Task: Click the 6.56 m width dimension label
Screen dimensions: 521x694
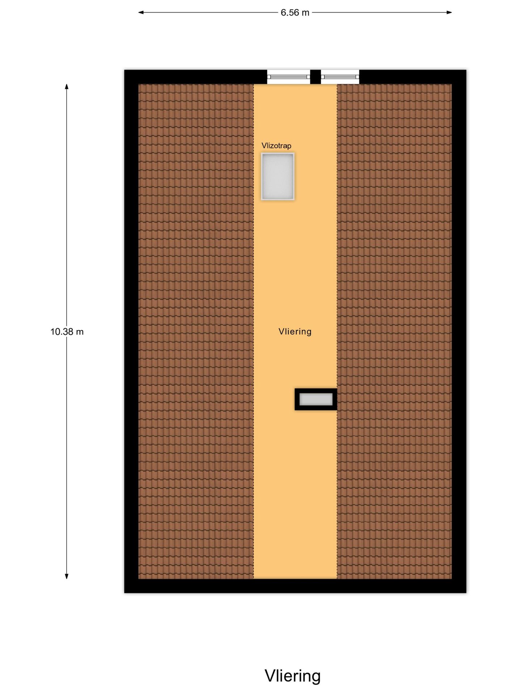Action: point(295,13)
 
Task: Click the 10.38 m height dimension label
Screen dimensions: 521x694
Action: point(67,331)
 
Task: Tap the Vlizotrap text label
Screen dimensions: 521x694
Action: point(276,146)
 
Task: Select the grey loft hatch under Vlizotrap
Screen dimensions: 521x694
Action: point(278,176)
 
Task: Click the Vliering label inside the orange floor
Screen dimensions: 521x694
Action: point(295,331)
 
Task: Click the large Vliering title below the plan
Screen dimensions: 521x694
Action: point(293,676)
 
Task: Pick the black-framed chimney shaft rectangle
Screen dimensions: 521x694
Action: point(316,399)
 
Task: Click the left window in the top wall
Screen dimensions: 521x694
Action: point(289,77)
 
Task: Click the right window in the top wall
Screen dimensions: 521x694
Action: point(340,77)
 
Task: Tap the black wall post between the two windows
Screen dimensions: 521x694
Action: point(315,77)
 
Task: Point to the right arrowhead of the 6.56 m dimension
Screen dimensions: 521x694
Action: point(449,12)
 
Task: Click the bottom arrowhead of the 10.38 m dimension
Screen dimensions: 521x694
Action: point(67,576)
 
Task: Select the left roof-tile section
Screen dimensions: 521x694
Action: point(196,331)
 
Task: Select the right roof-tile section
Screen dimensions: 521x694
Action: point(394,331)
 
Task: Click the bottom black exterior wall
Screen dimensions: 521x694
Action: point(295,586)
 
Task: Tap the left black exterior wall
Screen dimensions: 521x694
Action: point(131,331)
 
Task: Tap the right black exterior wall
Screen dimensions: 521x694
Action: point(459,331)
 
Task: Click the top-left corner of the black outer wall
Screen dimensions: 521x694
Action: point(124,70)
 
